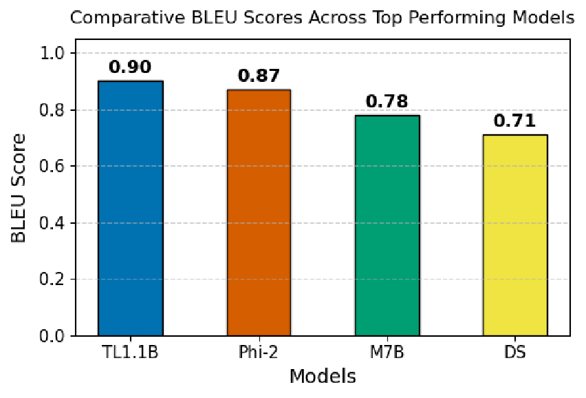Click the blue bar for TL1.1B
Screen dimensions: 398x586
131,209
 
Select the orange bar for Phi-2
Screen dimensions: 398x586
259,213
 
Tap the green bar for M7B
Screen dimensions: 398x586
387,226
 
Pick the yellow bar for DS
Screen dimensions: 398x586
514,235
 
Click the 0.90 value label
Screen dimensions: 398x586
131,67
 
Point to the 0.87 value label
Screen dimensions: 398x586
259,76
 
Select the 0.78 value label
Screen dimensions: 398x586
387,101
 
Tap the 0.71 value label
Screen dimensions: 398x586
514,121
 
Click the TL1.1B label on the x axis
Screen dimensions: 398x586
131,353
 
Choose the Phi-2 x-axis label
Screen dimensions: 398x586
259,353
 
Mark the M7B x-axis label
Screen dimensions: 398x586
387,353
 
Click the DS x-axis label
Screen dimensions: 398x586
514,353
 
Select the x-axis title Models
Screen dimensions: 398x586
323,377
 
